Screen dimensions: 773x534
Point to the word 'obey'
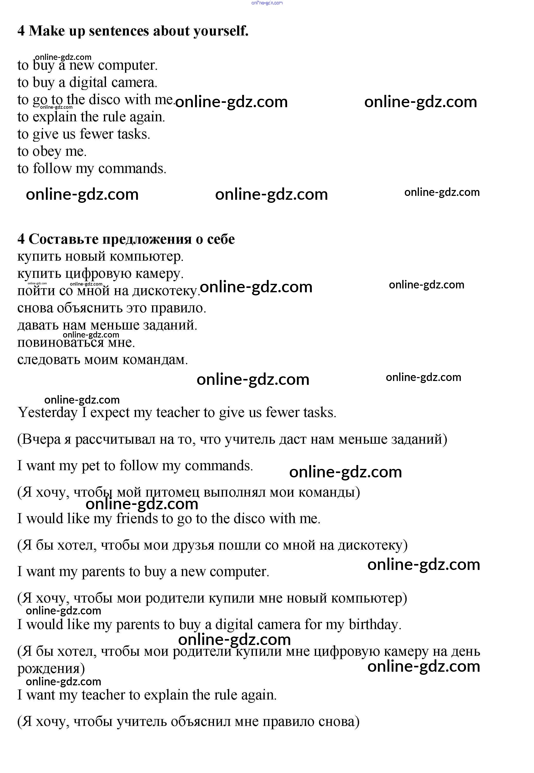click(x=47, y=151)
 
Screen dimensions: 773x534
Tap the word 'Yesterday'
click(x=48, y=413)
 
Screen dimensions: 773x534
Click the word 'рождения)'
click(x=51, y=669)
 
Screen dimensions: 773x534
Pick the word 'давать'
click(x=38, y=325)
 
